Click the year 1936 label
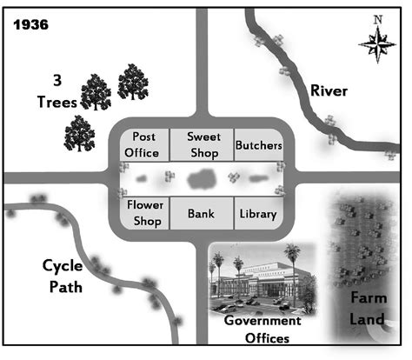point(31,25)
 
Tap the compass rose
point(377,44)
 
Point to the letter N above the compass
point(378,20)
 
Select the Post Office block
point(144,144)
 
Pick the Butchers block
point(259,144)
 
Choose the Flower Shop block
point(144,213)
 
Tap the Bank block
point(202,213)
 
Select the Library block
point(259,213)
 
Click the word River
point(329,90)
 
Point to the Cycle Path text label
point(63,277)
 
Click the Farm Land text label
point(368,309)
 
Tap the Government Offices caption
point(263,330)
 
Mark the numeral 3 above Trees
point(57,80)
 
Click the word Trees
point(57,102)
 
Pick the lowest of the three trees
point(79,134)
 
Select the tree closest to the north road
point(133,82)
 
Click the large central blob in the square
point(202,179)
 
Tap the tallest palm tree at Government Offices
point(292,270)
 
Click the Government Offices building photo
point(262,279)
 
